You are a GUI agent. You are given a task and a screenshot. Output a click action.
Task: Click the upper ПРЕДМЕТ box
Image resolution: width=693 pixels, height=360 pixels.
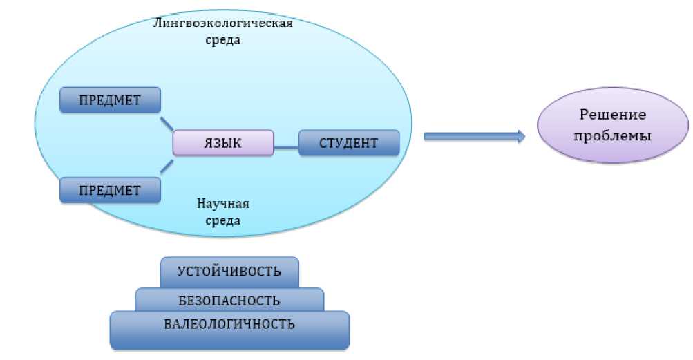(111, 100)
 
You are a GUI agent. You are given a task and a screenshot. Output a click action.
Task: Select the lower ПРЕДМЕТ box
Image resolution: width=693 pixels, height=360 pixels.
(111, 189)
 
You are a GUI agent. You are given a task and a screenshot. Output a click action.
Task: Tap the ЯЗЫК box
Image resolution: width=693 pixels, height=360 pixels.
(222, 143)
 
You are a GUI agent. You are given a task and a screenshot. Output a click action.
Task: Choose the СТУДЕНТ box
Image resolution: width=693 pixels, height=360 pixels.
(349, 143)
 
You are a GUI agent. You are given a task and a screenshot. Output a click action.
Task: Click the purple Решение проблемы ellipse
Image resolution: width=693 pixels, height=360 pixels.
(613, 126)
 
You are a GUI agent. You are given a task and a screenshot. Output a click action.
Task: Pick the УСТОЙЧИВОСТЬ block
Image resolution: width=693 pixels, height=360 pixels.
(229, 271)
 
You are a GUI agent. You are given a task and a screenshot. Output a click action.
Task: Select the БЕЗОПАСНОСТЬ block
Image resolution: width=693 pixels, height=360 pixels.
(229, 301)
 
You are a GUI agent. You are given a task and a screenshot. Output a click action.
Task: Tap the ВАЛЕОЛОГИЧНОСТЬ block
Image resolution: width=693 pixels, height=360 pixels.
(229, 323)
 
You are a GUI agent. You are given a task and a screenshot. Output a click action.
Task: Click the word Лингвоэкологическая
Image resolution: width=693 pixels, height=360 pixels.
(223, 23)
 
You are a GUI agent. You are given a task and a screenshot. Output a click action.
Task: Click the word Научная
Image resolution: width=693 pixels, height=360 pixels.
(222, 205)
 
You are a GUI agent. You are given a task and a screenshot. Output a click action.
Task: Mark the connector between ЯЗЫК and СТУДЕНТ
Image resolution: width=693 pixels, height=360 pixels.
(286, 147)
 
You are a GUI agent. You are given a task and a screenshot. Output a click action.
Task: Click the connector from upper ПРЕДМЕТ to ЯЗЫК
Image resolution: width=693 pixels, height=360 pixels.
(167, 123)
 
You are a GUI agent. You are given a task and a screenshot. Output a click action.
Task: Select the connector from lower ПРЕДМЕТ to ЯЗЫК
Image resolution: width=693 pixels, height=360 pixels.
(167, 165)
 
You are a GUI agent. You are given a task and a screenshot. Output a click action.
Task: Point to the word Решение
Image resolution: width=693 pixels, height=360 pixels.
(613, 115)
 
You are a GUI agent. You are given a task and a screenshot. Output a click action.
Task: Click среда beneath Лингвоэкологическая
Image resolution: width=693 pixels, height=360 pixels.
(222, 40)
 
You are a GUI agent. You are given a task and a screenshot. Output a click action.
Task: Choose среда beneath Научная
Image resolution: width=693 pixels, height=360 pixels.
(222, 221)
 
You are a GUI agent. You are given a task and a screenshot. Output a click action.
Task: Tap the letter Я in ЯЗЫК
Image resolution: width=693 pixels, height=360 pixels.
(207, 143)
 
